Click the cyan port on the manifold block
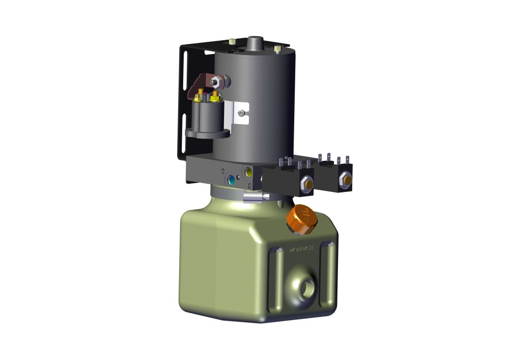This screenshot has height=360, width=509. [232, 180]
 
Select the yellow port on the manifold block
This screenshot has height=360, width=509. [248, 173]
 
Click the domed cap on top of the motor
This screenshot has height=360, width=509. [253, 43]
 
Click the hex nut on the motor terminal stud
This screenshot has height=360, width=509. [217, 80]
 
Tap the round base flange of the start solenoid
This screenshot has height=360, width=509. [207, 134]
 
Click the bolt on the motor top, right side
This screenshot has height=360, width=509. [277, 49]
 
